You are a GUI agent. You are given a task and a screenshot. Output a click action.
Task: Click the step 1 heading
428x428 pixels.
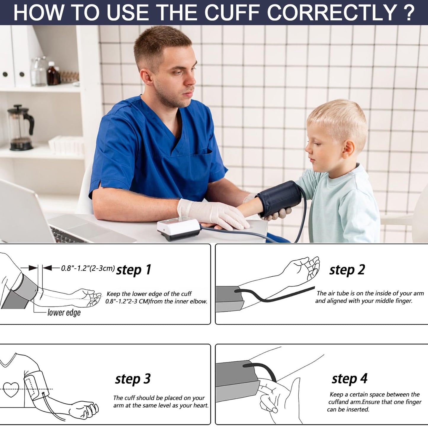coord(134,270)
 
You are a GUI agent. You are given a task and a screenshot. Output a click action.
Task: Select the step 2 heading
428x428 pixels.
coord(347,270)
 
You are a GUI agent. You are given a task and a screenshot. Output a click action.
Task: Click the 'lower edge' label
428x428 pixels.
coord(64,312)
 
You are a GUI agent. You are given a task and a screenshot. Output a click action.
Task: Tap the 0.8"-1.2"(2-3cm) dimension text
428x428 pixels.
coord(88,268)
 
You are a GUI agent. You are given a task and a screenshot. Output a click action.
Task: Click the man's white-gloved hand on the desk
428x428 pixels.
coord(212,214)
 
